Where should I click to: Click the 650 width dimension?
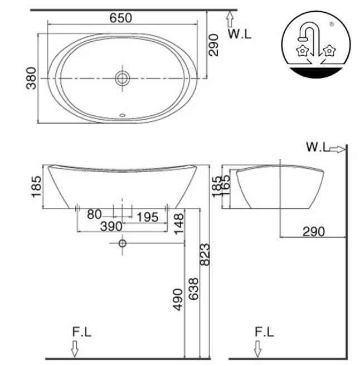120,18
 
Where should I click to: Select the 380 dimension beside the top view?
32,78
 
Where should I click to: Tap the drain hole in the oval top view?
122,77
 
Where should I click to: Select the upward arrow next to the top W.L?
229,20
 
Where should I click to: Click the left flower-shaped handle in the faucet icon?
302,51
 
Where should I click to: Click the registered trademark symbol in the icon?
332,24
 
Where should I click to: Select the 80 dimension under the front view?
94,214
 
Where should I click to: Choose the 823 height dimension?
205,255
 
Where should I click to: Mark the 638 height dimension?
192,289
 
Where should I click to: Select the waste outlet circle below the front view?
122,243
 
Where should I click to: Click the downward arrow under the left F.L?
75,349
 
